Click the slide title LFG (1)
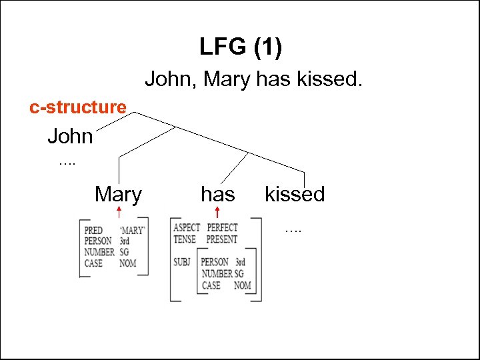pos(240,47)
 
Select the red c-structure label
pos(78,107)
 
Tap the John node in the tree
pos(70,137)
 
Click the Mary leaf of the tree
pos(118,195)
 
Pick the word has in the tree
pos(218,195)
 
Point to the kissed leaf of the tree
pos(295,195)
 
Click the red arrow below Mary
pos(119,213)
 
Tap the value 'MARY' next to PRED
pos(133,231)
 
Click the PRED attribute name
pos(94,231)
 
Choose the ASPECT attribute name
pos(187,228)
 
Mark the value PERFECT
pos(222,228)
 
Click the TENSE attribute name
pos(185,239)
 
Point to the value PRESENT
pos(222,239)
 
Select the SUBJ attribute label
pos(183,261)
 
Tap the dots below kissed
pos(293,229)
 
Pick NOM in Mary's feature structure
pos(127,263)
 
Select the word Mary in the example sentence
pos(227,80)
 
